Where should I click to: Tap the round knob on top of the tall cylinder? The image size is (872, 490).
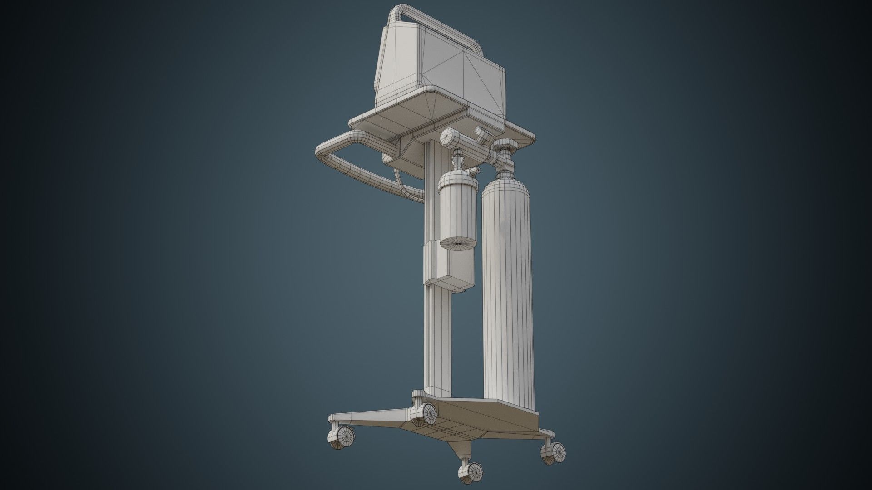click(505, 146)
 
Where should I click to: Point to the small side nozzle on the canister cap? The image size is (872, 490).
click(475, 171)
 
